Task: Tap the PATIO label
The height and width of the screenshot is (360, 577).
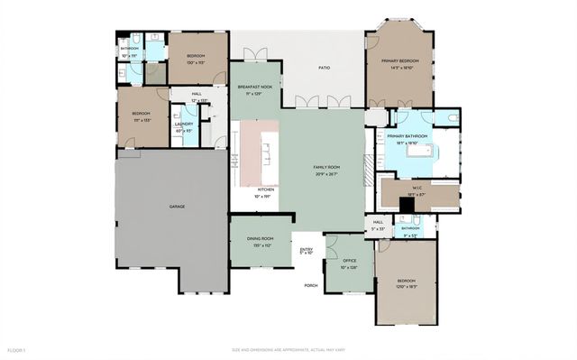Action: click(x=323, y=68)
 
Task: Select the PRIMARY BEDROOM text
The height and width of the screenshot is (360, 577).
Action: click(x=400, y=61)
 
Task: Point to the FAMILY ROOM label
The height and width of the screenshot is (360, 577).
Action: click(x=325, y=168)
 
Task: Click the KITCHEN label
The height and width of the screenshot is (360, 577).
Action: click(x=266, y=189)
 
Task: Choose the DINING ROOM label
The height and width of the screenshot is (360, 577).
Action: click(x=260, y=239)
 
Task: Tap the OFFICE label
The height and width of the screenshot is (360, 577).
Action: click(x=349, y=263)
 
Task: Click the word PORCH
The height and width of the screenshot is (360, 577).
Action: click(x=311, y=285)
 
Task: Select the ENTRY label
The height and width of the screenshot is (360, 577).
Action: click(x=307, y=250)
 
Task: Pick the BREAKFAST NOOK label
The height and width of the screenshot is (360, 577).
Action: click(x=255, y=88)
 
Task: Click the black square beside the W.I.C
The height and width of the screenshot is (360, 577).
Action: click(x=407, y=206)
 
